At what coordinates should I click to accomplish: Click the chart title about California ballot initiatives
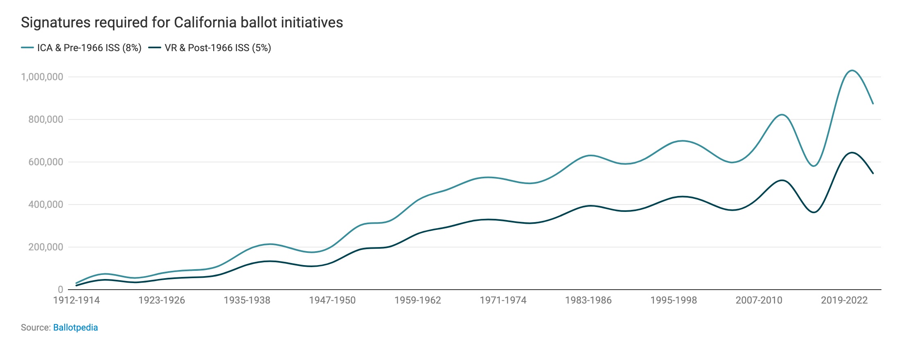tap(182, 22)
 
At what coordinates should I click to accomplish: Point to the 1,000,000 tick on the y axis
tap(42, 77)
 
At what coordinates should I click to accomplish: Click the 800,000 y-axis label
tap(45, 119)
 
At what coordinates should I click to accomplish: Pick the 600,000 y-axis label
tap(45, 162)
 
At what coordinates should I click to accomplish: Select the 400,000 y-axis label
tap(45, 205)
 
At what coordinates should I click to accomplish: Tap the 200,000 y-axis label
tap(45, 247)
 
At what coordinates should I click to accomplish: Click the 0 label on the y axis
tap(61, 290)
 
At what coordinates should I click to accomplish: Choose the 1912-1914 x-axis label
tap(77, 300)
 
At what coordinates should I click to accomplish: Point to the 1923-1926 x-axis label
tap(162, 300)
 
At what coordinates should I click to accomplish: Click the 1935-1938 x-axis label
tap(247, 300)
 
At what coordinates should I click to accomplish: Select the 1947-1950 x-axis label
tap(332, 300)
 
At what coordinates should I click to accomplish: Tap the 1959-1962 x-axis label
tap(418, 300)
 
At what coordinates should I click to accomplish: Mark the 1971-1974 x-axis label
tap(503, 300)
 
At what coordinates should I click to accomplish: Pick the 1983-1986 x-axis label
tap(588, 300)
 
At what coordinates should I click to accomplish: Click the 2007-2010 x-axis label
tap(759, 300)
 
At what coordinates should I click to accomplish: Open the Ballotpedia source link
tap(75, 328)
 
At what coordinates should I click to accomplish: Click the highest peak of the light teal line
tap(852, 70)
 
